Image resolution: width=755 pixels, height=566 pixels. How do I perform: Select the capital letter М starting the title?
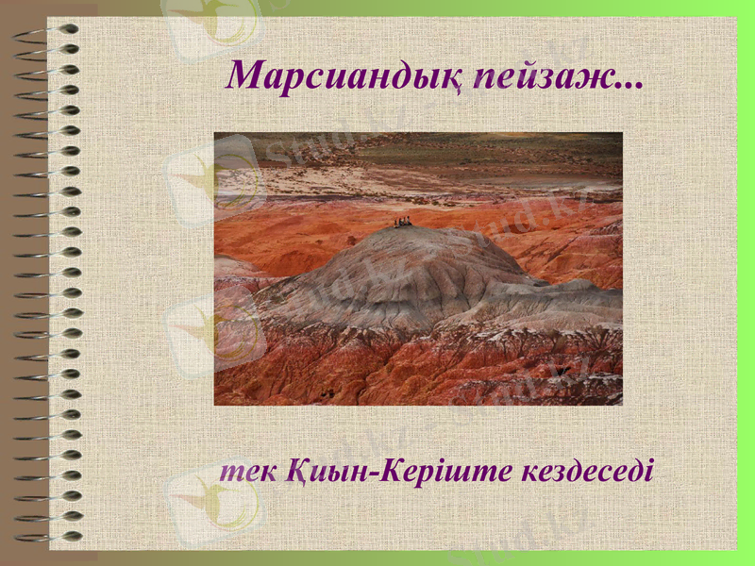pos(247,75)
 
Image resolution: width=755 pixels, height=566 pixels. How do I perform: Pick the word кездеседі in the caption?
pos(586,469)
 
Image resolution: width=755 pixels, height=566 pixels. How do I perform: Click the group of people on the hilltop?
pos(403,223)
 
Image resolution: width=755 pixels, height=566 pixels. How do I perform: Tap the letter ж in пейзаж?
pos(599,77)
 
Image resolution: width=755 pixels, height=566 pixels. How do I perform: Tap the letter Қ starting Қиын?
pos(294,470)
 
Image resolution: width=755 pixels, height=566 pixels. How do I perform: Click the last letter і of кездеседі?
pos(647,469)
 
